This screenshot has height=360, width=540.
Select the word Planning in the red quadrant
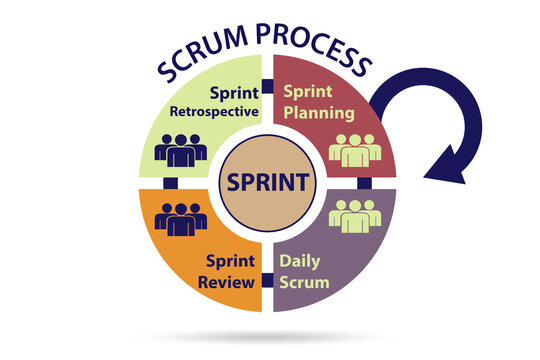tap(318, 111)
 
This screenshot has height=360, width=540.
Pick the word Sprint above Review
tap(229, 260)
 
